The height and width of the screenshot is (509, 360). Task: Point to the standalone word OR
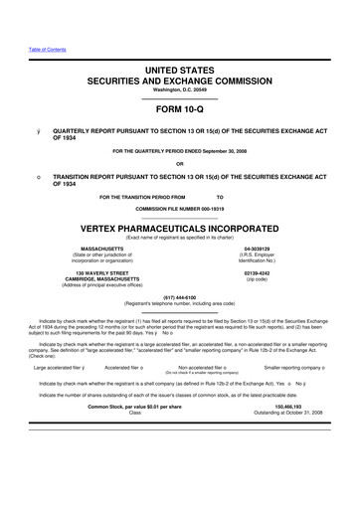point(179,164)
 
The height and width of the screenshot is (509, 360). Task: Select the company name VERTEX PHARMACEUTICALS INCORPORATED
point(179,226)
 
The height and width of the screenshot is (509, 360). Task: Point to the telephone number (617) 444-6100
point(179,295)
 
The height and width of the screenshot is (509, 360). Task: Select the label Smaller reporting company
point(292,367)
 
